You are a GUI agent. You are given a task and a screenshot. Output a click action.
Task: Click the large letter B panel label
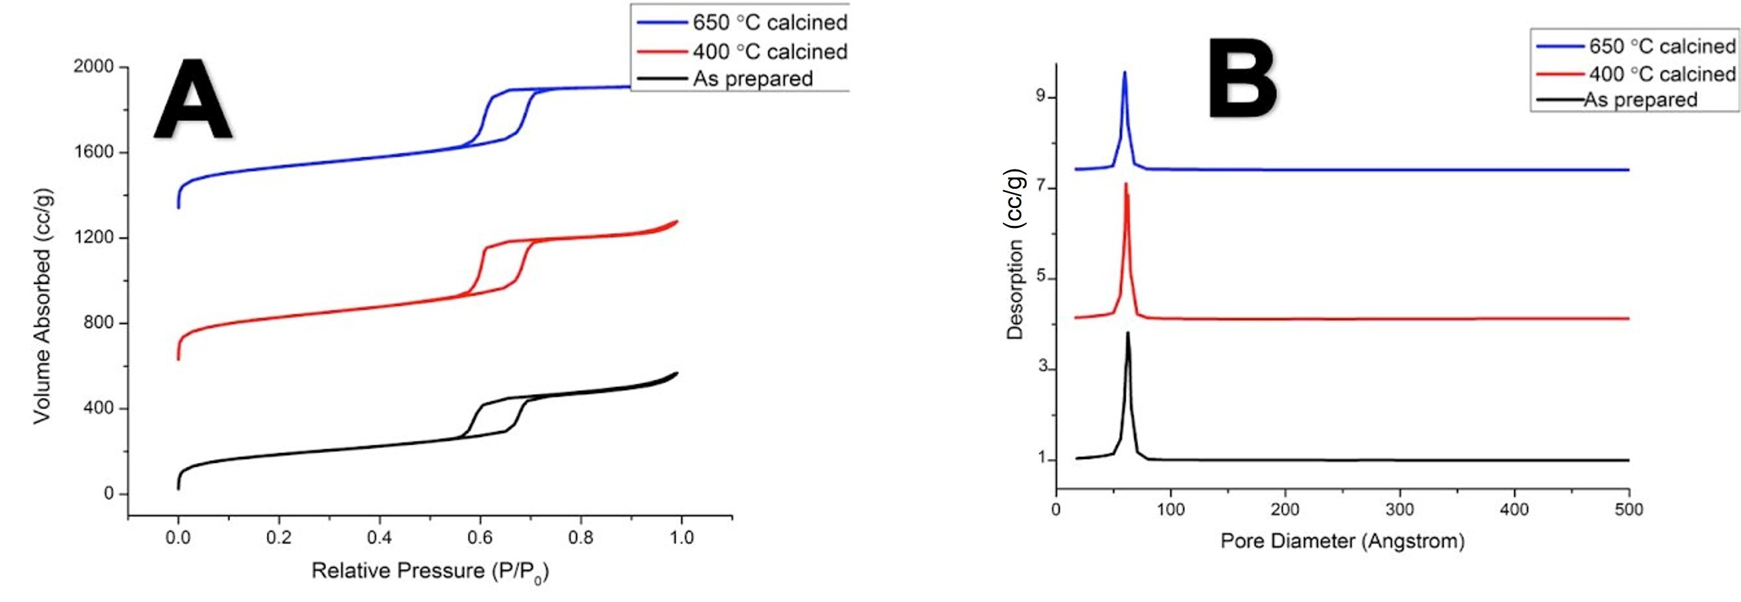click(1242, 79)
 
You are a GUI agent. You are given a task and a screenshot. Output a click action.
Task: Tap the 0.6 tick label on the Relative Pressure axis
click(480, 538)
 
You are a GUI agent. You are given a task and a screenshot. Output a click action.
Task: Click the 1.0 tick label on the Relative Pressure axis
click(681, 538)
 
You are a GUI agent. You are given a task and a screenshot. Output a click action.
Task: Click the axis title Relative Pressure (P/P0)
click(430, 572)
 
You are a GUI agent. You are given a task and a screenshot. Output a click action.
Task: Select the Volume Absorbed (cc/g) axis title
click(42, 307)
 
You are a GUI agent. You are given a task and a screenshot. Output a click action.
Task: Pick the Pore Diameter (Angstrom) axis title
click(1342, 541)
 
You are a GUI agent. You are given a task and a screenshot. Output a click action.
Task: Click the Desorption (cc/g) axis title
click(1015, 254)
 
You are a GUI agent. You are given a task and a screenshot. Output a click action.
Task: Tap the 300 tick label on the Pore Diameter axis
click(1399, 509)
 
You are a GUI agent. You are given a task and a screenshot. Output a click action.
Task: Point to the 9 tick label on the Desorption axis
click(1040, 97)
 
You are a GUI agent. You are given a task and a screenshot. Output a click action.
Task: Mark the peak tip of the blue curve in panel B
click(1125, 72)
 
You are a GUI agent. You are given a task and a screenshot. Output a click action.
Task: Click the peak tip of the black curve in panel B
click(1127, 332)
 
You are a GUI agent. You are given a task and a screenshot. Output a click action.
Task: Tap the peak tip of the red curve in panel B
click(1126, 183)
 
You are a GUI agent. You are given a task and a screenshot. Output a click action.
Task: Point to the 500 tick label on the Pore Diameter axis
click(1628, 509)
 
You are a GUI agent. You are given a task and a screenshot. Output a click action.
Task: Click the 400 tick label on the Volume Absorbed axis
click(99, 408)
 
